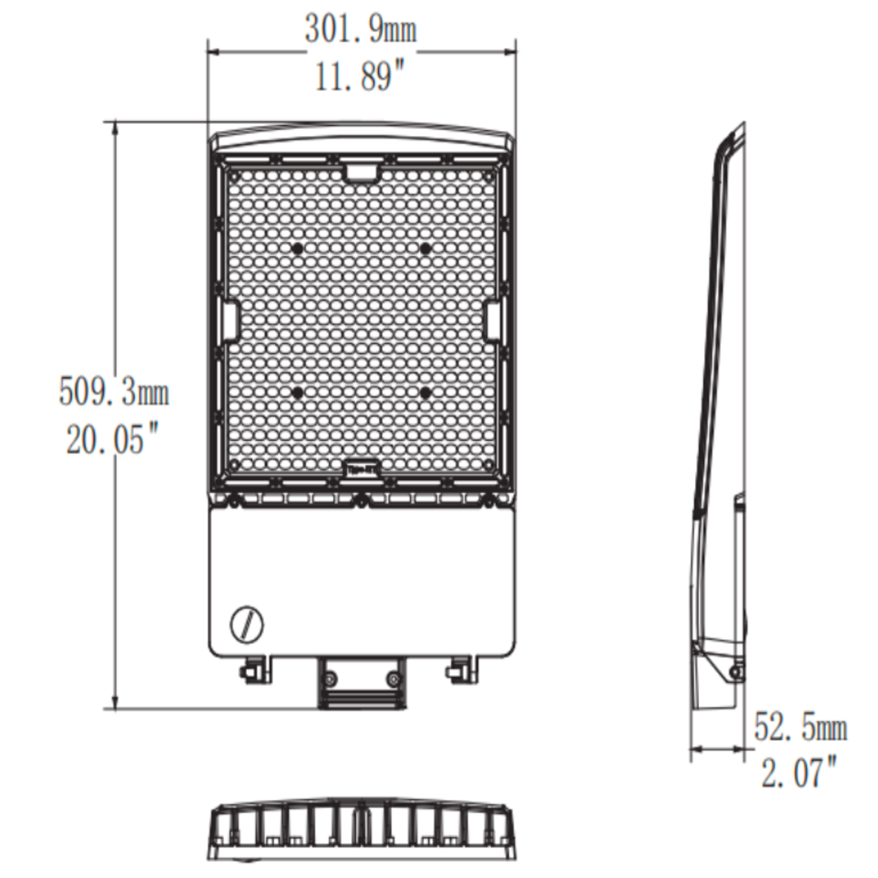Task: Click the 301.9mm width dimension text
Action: pyautogui.click(x=361, y=30)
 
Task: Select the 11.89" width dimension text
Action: pyautogui.click(x=356, y=76)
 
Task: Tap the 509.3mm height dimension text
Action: pyautogui.click(x=114, y=392)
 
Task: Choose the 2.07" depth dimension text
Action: pyautogui.click(x=800, y=772)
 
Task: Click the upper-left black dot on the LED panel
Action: pyautogui.click(x=298, y=248)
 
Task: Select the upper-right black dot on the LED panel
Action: pyautogui.click(x=425, y=248)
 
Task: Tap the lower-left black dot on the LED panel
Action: pyautogui.click(x=298, y=392)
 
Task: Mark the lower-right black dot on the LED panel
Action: pyautogui.click(x=425, y=392)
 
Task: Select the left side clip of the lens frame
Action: pyautogui.click(x=230, y=320)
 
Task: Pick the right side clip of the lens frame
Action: pyautogui.click(x=494, y=320)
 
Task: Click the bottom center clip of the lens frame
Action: pyautogui.click(x=361, y=468)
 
